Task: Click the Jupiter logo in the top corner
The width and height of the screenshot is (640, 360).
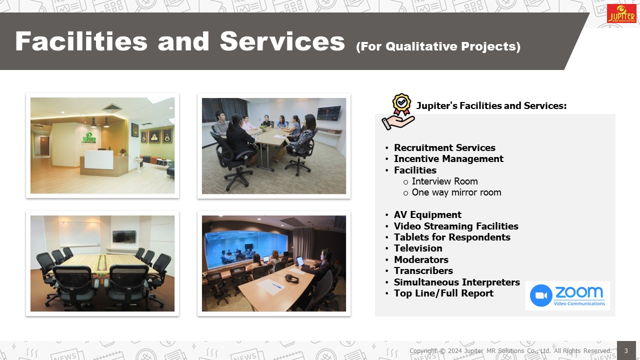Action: tap(621, 13)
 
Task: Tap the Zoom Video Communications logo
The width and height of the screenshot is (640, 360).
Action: tap(567, 295)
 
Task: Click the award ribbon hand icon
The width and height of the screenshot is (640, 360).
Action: tap(398, 111)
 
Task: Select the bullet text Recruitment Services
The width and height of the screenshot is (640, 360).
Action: tap(444, 147)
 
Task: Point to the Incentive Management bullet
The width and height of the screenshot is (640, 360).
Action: tap(448, 159)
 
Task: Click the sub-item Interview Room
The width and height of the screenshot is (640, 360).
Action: tap(444, 181)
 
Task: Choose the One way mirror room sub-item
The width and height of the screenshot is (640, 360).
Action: tap(456, 192)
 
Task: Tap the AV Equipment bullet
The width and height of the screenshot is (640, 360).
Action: tap(427, 215)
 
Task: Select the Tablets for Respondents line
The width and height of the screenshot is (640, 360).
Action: tap(452, 237)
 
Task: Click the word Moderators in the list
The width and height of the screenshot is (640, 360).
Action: tap(421, 259)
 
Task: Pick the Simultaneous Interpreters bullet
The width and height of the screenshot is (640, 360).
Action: tap(457, 282)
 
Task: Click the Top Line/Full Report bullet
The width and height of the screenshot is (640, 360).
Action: tap(443, 293)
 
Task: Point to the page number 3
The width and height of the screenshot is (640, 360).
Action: tap(626, 350)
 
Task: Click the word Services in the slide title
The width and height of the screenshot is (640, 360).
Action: tap(282, 41)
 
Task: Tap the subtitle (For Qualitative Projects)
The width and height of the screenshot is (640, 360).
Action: tap(438, 46)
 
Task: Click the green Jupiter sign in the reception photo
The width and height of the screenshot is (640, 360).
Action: tap(89, 138)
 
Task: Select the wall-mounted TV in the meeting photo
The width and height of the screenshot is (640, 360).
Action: tap(329, 113)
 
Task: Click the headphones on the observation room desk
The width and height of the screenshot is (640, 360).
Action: tap(291, 278)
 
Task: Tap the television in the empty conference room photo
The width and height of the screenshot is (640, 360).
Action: tap(124, 236)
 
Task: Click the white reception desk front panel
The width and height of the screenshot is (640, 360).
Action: tap(99, 159)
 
